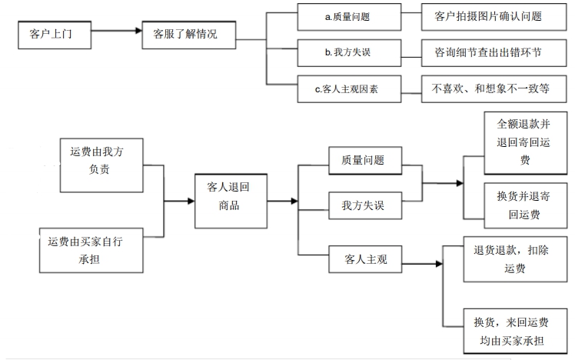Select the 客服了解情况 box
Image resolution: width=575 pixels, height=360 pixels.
[190, 34]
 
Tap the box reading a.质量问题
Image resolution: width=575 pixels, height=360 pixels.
[348, 15]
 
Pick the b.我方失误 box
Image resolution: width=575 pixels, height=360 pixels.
[348, 52]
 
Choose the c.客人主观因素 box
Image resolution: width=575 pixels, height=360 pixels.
[348, 88]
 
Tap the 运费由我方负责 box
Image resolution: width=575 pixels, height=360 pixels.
[102, 160]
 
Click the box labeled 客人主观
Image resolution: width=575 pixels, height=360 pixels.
[365, 260]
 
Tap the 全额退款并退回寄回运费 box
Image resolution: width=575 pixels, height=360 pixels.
[523, 142]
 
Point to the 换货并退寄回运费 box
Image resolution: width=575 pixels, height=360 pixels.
[523, 204]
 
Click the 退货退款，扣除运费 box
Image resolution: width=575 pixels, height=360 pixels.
[515, 259]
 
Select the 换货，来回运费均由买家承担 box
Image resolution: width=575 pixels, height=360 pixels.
[515, 331]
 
